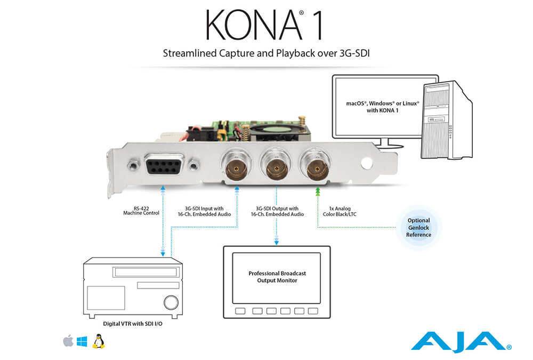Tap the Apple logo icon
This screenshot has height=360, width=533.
[x=68, y=341]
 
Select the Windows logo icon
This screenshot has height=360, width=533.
[x=82, y=341]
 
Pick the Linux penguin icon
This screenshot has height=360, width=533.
[x=98, y=341]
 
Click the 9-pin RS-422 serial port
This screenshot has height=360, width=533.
[x=161, y=166]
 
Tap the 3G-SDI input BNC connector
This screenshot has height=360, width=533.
[x=236, y=167]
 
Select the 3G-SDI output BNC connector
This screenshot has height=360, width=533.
[x=276, y=167]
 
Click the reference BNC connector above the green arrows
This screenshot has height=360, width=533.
[x=317, y=167]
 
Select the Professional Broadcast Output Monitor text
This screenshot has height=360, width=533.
[x=277, y=276]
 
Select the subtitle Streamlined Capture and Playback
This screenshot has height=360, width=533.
[x=266, y=53]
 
